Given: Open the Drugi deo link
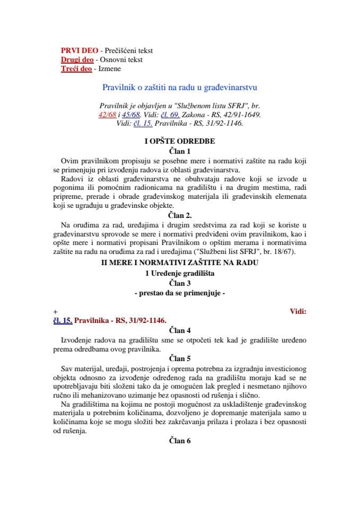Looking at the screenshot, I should pos(77,59).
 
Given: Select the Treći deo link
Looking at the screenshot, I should pos(77,68).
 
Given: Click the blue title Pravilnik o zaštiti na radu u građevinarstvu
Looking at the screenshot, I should pos(179,87).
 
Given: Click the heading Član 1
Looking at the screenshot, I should pos(179,151).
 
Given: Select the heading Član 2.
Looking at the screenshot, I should pos(179,215).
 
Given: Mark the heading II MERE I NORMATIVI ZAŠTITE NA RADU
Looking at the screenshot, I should pos(179,264).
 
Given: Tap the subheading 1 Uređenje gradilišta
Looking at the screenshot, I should pos(179,274).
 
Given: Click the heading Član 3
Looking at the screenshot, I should pos(179,283).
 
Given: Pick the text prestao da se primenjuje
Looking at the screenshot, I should pos(179,293).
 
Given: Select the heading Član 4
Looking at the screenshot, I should pos(179,330).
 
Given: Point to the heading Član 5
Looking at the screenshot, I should pos(179,358).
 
